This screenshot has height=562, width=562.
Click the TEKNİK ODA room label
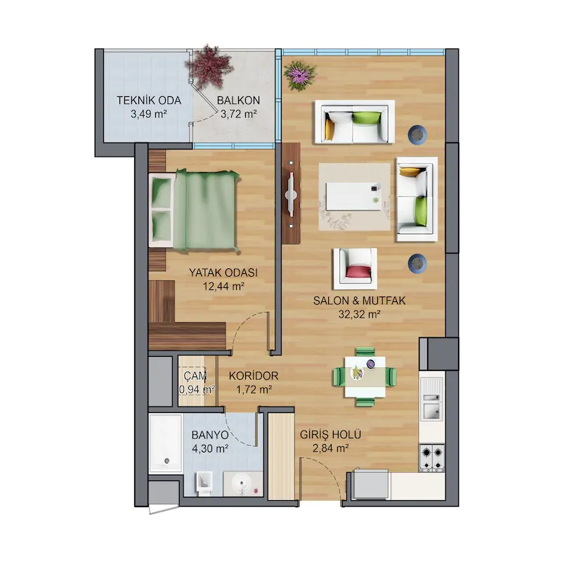tap(149, 100)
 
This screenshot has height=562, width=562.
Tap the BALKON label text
tap(238, 100)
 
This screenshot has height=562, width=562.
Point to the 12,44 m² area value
tap(223, 287)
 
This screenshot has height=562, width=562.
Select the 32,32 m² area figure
tap(359, 314)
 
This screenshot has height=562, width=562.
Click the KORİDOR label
tap(254, 376)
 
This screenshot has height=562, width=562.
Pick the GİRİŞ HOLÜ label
tap(330, 434)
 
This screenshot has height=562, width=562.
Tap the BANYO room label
tap(210, 435)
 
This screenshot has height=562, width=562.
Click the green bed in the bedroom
tap(195, 210)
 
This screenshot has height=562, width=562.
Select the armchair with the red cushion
tap(355, 269)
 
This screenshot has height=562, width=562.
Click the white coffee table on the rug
tap(353, 197)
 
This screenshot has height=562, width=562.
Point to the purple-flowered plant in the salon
tap(300, 74)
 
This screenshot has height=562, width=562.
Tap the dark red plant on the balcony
tap(208, 67)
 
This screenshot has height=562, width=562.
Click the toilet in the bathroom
tap(204, 483)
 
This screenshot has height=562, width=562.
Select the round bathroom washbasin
tap(242, 484)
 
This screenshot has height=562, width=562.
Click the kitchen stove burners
tap(432, 458)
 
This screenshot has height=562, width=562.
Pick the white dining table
tap(365, 377)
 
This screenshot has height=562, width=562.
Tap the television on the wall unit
tap(291, 195)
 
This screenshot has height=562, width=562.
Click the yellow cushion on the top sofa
tap(329, 129)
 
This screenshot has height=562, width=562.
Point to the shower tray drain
tap(166, 461)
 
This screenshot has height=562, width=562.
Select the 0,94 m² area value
tap(197, 389)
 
